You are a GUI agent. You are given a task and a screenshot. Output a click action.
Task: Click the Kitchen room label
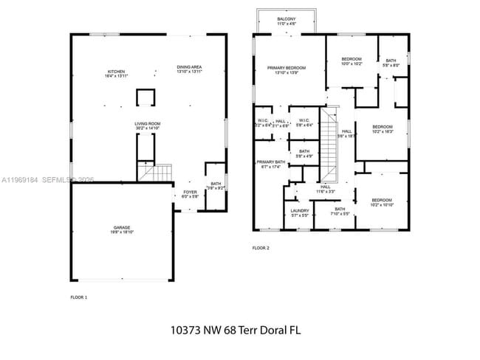[x=117, y=74]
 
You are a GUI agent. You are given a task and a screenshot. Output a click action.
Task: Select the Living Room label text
[x=148, y=126]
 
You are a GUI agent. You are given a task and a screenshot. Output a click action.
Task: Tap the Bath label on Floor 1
[x=215, y=186]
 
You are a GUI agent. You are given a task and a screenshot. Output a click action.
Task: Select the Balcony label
[x=287, y=21]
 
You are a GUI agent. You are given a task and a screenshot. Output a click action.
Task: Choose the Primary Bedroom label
[x=286, y=70]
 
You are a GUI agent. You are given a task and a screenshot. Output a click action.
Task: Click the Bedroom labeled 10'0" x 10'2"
[x=352, y=61]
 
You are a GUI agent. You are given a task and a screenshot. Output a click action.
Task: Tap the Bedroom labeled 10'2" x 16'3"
[x=382, y=128]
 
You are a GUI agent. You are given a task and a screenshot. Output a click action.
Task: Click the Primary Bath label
[x=270, y=164]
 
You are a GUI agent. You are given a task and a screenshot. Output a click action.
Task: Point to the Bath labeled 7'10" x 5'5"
[x=340, y=211]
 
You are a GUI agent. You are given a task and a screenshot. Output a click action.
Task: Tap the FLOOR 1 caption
[x=78, y=297]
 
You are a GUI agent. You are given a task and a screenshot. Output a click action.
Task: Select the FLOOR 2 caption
[x=261, y=248]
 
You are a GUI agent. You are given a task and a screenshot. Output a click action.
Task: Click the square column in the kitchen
[x=146, y=98]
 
